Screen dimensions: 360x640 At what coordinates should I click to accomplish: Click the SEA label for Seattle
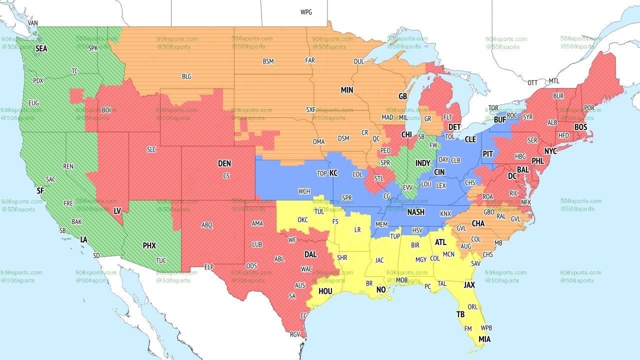(41, 48)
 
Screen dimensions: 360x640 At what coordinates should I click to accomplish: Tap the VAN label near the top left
(33, 23)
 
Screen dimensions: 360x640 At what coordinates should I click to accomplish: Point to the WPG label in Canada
(306, 12)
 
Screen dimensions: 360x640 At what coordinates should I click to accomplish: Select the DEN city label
(224, 163)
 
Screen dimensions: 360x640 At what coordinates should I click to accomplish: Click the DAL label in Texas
(310, 254)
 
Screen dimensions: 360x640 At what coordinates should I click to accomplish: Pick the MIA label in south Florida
(484, 339)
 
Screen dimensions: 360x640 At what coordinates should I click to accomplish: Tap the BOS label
(580, 127)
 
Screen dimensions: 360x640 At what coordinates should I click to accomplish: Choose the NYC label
(550, 151)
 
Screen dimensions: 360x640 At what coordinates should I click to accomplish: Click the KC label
(333, 173)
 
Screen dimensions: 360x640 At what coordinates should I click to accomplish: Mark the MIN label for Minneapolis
(347, 90)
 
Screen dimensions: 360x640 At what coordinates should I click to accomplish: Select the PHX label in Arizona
(149, 246)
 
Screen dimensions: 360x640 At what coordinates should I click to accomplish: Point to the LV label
(117, 211)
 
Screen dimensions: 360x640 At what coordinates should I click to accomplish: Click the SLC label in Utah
(151, 149)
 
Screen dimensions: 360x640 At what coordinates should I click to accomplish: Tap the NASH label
(415, 212)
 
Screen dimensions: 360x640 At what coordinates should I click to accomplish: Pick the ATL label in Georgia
(440, 242)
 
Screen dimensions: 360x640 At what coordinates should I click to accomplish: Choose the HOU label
(325, 291)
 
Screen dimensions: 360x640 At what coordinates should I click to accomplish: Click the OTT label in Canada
(532, 82)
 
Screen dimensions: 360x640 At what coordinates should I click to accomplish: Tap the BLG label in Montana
(186, 76)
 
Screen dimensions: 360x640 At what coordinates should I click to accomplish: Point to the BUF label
(499, 120)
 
